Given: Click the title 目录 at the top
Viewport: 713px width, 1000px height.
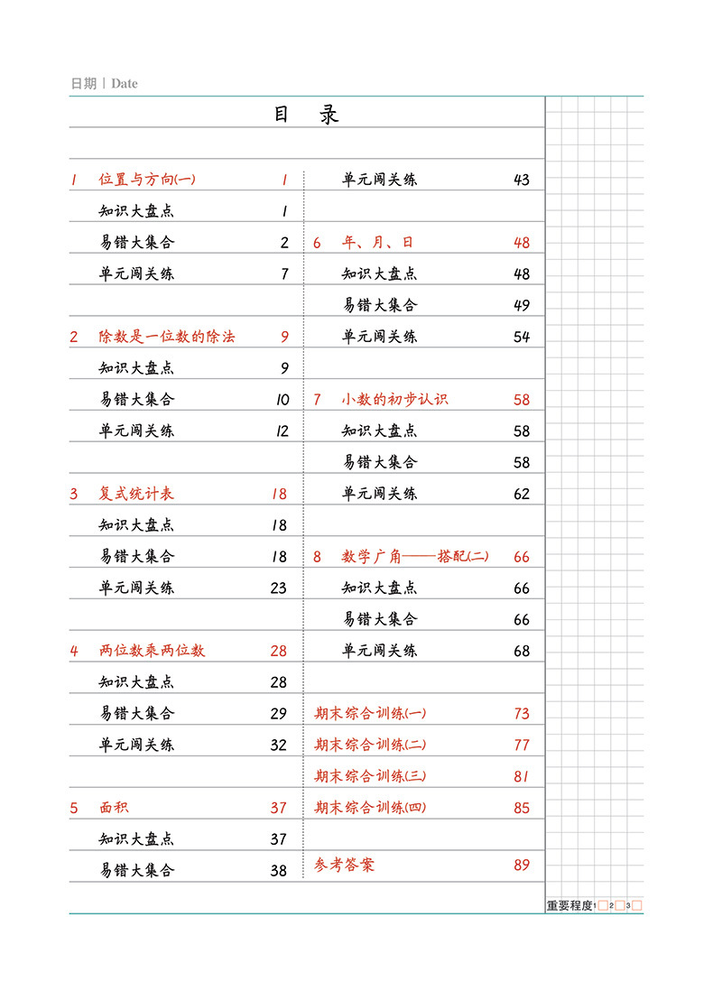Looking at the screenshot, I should (x=306, y=116).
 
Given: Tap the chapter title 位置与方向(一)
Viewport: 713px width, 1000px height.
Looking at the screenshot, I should (x=147, y=180).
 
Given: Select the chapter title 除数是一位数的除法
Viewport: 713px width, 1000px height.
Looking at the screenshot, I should (x=167, y=337).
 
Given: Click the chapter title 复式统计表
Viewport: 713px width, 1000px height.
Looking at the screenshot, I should (x=137, y=494).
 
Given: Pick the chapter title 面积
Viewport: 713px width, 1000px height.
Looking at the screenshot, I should (x=114, y=808).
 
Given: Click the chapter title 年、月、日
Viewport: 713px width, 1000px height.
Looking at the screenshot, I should (x=378, y=243).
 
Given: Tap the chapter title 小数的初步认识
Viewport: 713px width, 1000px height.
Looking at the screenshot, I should (x=394, y=400).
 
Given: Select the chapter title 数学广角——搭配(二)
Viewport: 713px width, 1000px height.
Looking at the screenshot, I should (x=415, y=557).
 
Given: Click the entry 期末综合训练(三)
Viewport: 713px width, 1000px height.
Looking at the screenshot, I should (x=370, y=776).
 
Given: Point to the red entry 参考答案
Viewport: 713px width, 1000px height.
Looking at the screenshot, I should (x=344, y=865).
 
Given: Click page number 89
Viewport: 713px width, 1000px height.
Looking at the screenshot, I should (x=522, y=865).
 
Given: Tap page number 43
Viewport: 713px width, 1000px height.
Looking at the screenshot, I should (x=522, y=180).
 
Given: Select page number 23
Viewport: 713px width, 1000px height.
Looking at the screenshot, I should (x=279, y=588).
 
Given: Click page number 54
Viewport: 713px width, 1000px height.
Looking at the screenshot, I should (x=522, y=337).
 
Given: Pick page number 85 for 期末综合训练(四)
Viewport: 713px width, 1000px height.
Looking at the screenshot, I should (x=522, y=808).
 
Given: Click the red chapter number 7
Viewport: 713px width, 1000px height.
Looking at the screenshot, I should (x=317, y=400).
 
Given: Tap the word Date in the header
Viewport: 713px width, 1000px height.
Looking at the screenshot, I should (x=125, y=84).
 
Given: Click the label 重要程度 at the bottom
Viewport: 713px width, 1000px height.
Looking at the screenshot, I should (x=569, y=905).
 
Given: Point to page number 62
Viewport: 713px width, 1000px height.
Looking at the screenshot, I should (x=522, y=494).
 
